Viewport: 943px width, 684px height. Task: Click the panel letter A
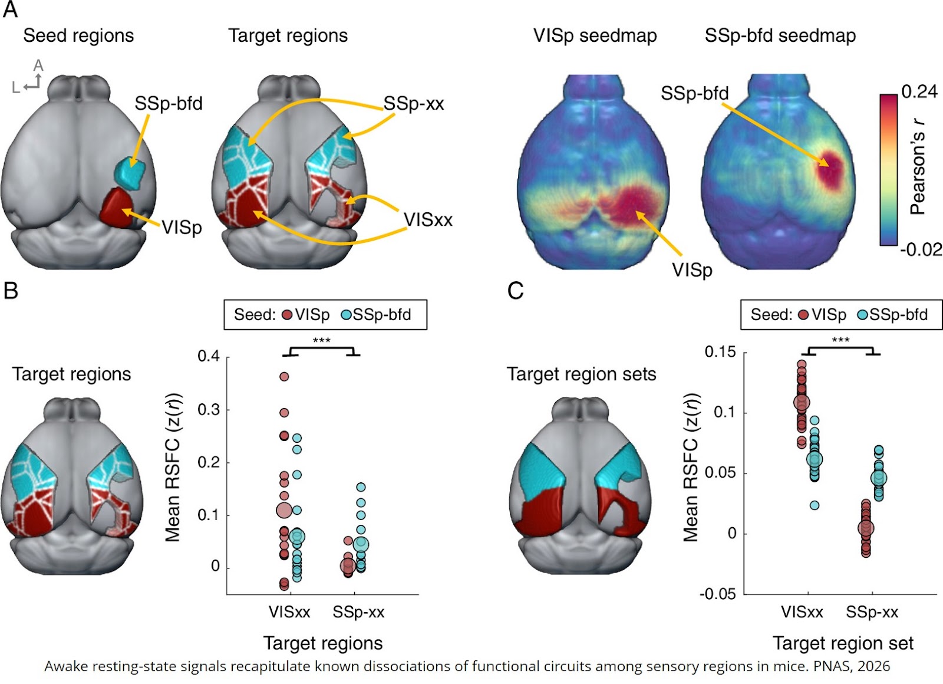[x=10, y=9]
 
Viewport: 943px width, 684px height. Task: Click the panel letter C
[x=515, y=291]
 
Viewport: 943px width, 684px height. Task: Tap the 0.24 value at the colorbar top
[x=919, y=91]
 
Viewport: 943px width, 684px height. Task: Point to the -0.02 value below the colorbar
[x=921, y=250]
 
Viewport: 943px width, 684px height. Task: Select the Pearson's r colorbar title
[x=917, y=167]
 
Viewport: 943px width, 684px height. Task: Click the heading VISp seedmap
[x=595, y=36]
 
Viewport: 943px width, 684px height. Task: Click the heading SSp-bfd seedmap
[x=780, y=36]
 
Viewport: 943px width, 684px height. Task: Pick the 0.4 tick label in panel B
[x=209, y=356]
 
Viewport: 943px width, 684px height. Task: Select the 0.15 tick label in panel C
[x=720, y=352]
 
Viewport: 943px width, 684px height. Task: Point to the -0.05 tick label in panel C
[x=717, y=594]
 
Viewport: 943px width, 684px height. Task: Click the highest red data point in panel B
[x=284, y=376]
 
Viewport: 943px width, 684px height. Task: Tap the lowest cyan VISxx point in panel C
[x=815, y=505]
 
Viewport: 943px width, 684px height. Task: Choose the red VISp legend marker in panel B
[x=287, y=315]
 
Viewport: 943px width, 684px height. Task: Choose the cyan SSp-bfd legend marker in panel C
[x=862, y=315]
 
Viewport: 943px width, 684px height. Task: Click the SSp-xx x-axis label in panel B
[x=358, y=613]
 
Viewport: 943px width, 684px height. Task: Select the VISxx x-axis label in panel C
[x=802, y=612]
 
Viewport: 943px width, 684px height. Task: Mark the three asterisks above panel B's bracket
[x=321, y=341]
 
